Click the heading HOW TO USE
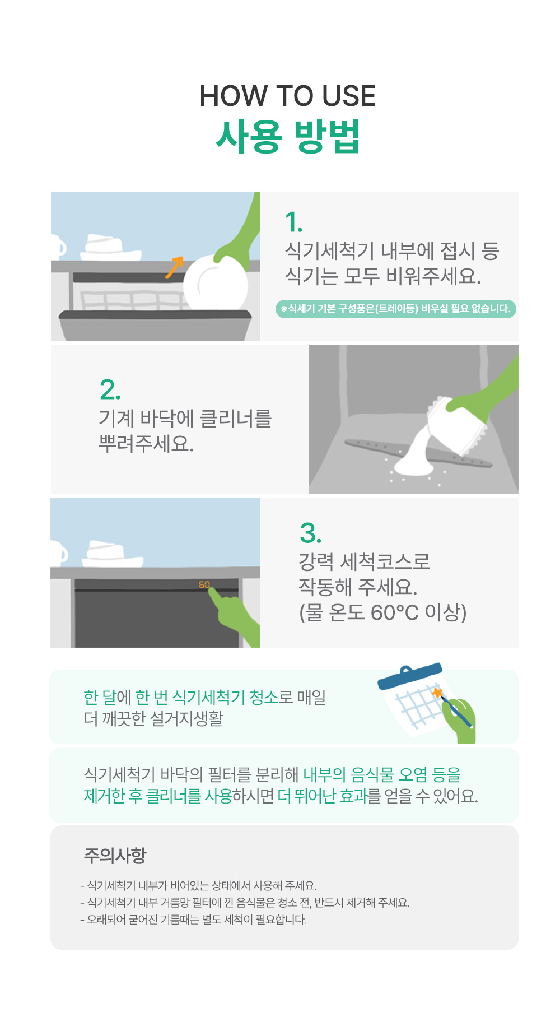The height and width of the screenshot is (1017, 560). point(287,96)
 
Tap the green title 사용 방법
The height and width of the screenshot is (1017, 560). point(287,136)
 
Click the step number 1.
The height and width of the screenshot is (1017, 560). point(293,222)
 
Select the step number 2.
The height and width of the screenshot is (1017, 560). point(110,389)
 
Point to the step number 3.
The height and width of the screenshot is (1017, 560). point(311,533)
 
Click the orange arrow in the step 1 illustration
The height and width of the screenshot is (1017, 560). point(174,267)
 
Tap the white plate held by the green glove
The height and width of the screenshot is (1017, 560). point(216,284)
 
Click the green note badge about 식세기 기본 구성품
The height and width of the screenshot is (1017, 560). point(395,309)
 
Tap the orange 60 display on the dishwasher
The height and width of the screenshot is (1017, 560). point(204,584)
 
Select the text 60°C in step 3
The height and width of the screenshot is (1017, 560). point(395,613)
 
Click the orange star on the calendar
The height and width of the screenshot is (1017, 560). point(437,693)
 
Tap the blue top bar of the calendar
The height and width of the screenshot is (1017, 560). point(410,676)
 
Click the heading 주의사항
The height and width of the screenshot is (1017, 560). point(115,856)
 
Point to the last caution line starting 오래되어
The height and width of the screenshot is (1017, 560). point(194,920)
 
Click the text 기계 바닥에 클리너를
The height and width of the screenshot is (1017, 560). point(185,419)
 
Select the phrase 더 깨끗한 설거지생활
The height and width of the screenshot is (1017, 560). point(153,718)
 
